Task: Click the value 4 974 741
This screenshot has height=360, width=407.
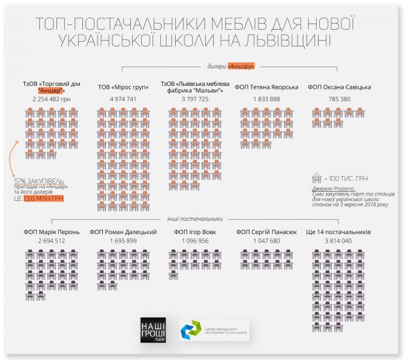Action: (123, 99)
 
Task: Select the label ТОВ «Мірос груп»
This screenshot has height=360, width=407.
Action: (123, 88)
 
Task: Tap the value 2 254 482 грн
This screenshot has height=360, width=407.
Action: (51, 98)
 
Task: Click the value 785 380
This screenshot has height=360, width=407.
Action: (339, 99)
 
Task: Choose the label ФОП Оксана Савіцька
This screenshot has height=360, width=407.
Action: (339, 88)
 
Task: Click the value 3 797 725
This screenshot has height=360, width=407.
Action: (195, 99)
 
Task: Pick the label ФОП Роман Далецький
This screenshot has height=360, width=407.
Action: (124, 232)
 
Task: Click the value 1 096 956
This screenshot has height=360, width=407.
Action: (195, 241)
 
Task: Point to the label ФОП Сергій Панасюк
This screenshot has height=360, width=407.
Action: (266, 232)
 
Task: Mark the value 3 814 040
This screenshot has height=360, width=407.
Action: (339, 241)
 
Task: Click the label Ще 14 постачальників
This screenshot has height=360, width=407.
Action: (339, 232)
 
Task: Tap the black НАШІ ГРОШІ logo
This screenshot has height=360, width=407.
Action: (151, 330)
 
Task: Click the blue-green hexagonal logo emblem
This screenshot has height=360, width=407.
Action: (193, 331)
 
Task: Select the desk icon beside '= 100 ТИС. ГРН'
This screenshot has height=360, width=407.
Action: (316, 178)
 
